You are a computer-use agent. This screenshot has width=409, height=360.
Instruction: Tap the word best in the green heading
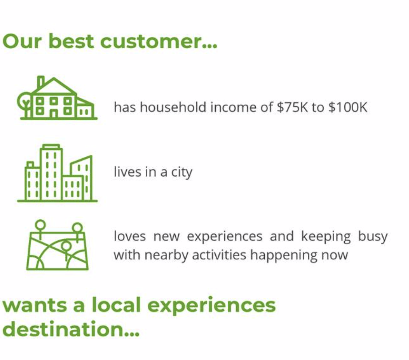click(71, 41)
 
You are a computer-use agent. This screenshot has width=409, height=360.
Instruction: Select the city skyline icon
click(57, 173)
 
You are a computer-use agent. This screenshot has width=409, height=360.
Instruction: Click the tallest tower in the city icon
click(51, 172)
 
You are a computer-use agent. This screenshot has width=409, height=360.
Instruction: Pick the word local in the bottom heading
click(116, 305)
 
